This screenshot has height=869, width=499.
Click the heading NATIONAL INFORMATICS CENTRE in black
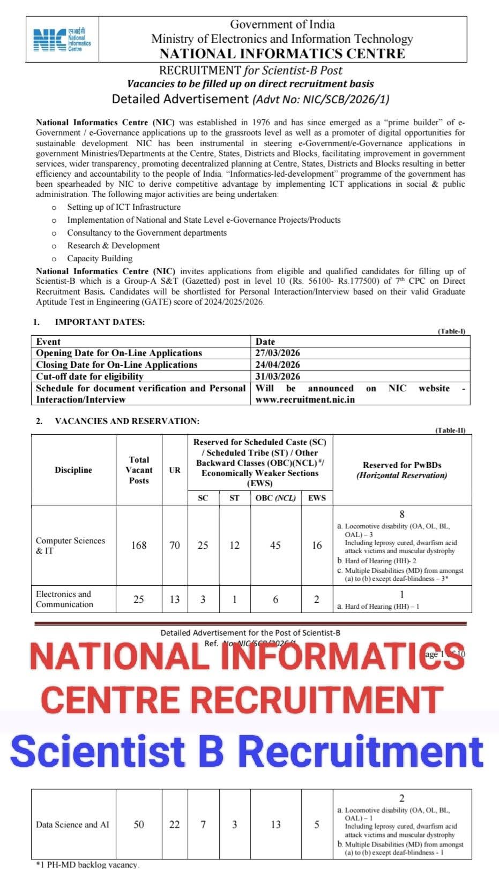coord(282,54)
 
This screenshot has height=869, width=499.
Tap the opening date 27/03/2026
coord(278,353)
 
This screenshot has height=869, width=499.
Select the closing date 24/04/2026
coord(278,365)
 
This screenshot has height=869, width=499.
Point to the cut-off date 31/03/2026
coord(278,376)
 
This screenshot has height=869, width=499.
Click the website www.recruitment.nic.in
coord(305,399)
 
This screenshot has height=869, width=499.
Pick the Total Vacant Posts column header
coord(139,470)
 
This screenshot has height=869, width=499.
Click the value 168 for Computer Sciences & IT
coord(139,546)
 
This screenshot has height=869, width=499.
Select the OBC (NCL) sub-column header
coord(275,498)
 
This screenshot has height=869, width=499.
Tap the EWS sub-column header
coord(317,498)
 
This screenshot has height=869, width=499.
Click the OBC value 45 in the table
coord(275,546)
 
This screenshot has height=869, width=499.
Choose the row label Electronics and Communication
coord(64,599)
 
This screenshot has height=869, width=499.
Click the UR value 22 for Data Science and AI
coord(175,825)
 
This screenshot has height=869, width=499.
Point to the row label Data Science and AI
coord(72,825)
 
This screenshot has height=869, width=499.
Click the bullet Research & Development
coord(113,246)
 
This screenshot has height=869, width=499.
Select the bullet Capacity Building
coord(100,259)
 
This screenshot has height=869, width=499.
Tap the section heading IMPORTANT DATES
coord(100,322)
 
